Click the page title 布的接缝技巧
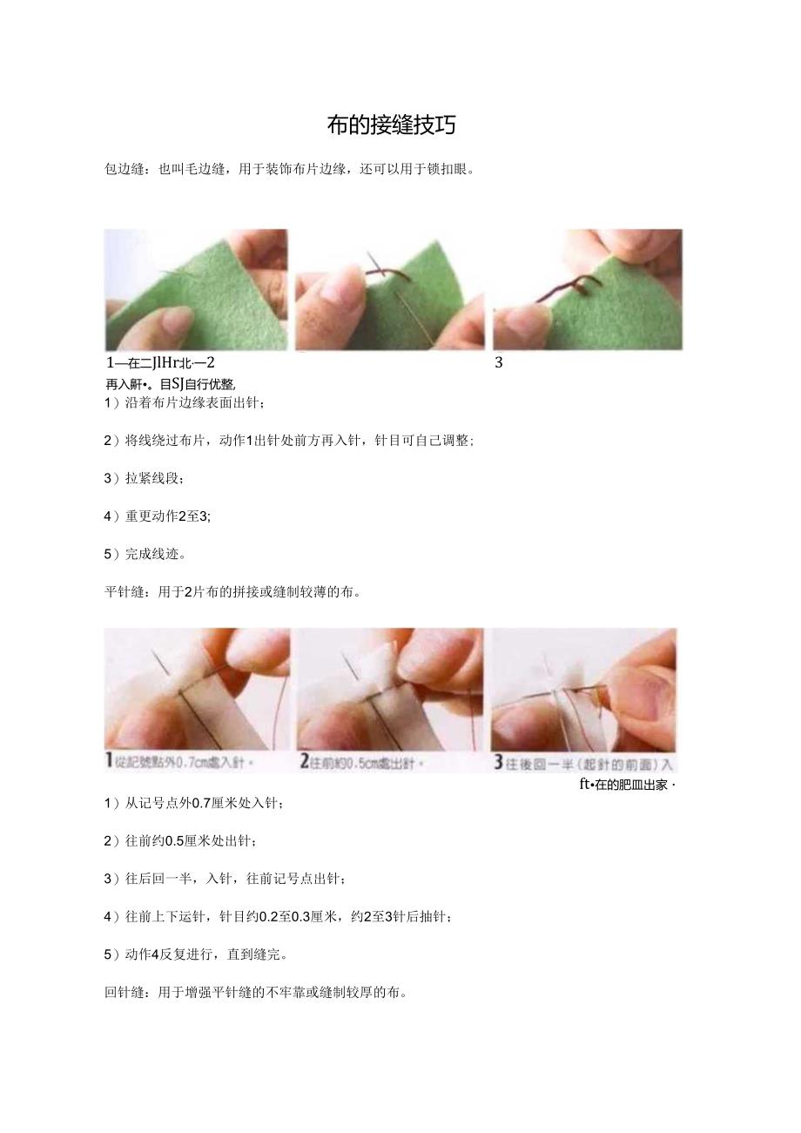pos(391,125)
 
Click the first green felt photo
pos(196,289)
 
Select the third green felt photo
pos(588,289)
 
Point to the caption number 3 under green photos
pos(499,363)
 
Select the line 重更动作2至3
pos(167,516)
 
